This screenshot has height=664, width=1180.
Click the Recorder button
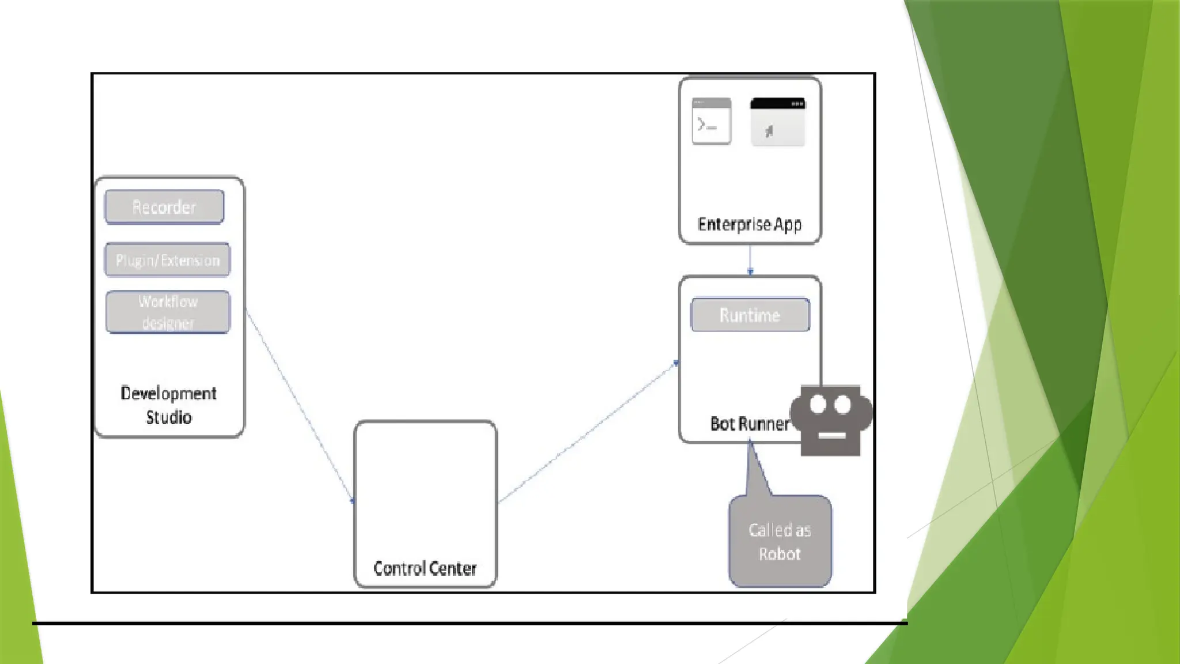pos(164,207)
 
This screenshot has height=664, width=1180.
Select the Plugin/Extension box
pos(167,260)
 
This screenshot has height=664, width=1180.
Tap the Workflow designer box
pos(168,312)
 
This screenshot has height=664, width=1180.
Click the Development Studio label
pos(168,405)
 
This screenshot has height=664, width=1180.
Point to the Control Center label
pos(425,568)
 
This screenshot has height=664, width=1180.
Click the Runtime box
pos(750,315)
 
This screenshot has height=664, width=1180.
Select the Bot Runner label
pos(749,424)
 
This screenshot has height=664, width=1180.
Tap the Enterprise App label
pos(749,224)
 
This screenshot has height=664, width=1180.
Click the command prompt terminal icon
pos(711,121)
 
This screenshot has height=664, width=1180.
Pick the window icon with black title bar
pos(777,122)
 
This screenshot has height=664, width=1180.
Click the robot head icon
pos(831,420)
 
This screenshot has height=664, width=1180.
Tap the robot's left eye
pos(818,405)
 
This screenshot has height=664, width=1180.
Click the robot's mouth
pos(831,435)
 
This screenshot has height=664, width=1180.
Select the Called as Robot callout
pos(780,541)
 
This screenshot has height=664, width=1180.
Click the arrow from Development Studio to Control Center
pos(300,406)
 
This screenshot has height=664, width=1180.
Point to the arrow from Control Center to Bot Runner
pos(588,432)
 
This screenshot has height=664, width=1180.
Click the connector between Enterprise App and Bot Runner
pos(750,259)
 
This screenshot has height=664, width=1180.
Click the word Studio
pos(168,417)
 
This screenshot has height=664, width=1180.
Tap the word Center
pos(452,568)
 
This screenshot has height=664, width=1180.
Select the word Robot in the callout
pos(780,554)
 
